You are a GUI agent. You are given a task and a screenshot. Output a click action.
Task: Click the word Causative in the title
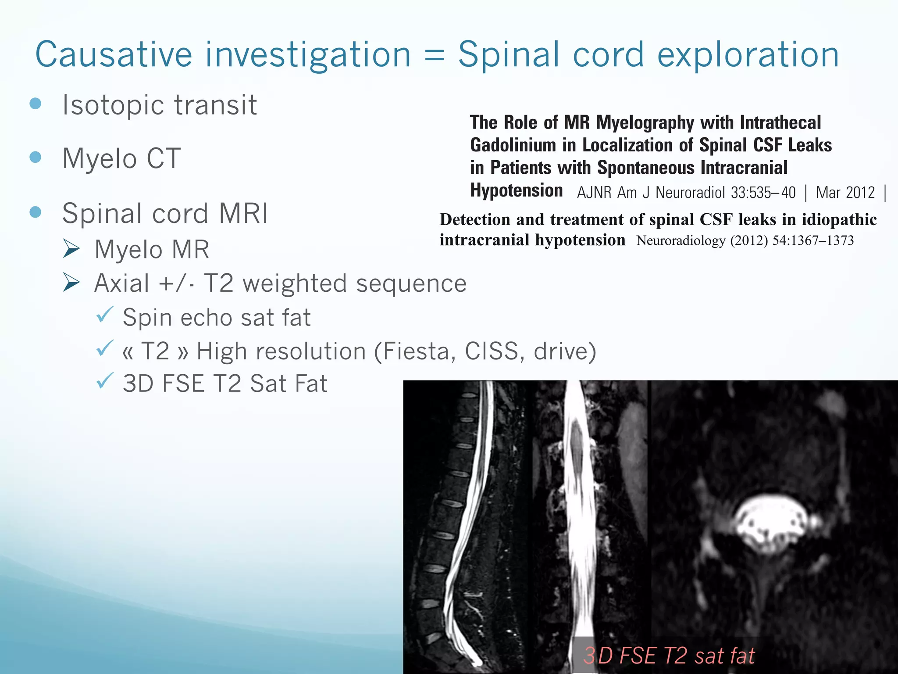[x=114, y=54]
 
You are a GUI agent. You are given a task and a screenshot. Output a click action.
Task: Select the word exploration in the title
[x=748, y=55]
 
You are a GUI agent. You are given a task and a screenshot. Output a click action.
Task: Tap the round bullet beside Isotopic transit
[x=36, y=104]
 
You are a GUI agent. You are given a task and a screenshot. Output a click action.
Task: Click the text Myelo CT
[x=121, y=158]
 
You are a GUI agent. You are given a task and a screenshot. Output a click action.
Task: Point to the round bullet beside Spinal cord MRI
[x=36, y=212]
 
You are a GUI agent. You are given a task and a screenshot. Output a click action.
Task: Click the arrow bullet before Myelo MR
[x=71, y=249]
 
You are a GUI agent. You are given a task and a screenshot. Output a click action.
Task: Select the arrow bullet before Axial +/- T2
[x=71, y=283]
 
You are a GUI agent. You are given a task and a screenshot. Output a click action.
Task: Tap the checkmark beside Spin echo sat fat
[x=105, y=315]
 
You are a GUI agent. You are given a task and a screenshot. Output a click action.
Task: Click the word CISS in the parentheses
[x=491, y=351]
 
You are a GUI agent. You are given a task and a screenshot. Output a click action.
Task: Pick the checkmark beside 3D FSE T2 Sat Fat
[x=105, y=381]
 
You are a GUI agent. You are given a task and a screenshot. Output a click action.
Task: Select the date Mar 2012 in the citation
[x=845, y=193]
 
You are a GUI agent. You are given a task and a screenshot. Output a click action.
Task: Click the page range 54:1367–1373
[x=813, y=240]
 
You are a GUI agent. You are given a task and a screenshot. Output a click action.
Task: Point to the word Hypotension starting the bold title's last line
[x=516, y=191]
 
